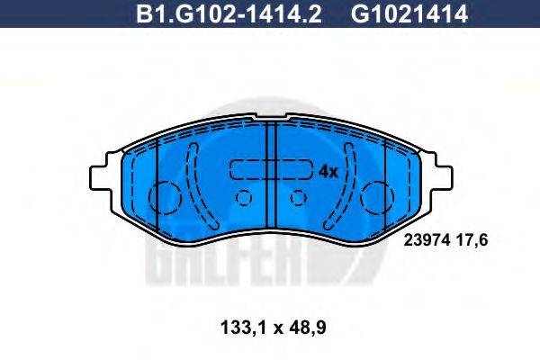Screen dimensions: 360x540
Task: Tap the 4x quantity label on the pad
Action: click(x=328, y=171)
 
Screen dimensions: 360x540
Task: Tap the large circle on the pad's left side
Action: click(x=165, y=198)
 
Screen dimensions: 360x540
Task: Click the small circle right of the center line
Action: click(x=298, y=197)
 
